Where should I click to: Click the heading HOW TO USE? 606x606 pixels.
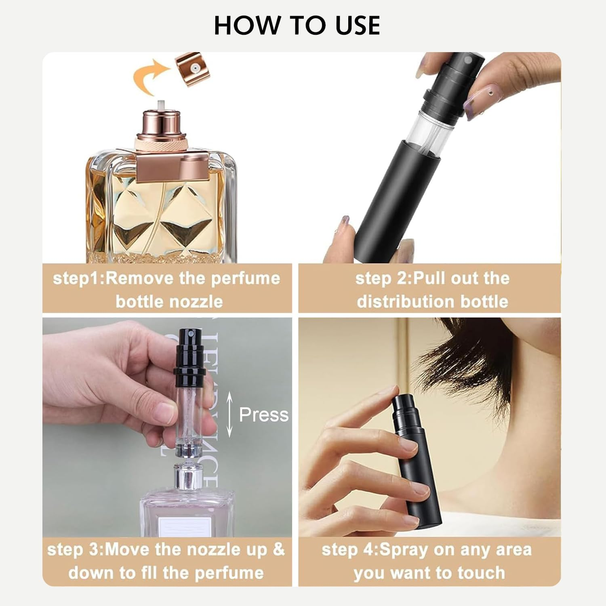coord(297,25)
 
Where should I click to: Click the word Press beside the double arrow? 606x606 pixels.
coord(263,415)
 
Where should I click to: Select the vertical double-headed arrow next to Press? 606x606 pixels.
coord(229,415)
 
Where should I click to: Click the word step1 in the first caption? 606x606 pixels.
coord(77,279)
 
